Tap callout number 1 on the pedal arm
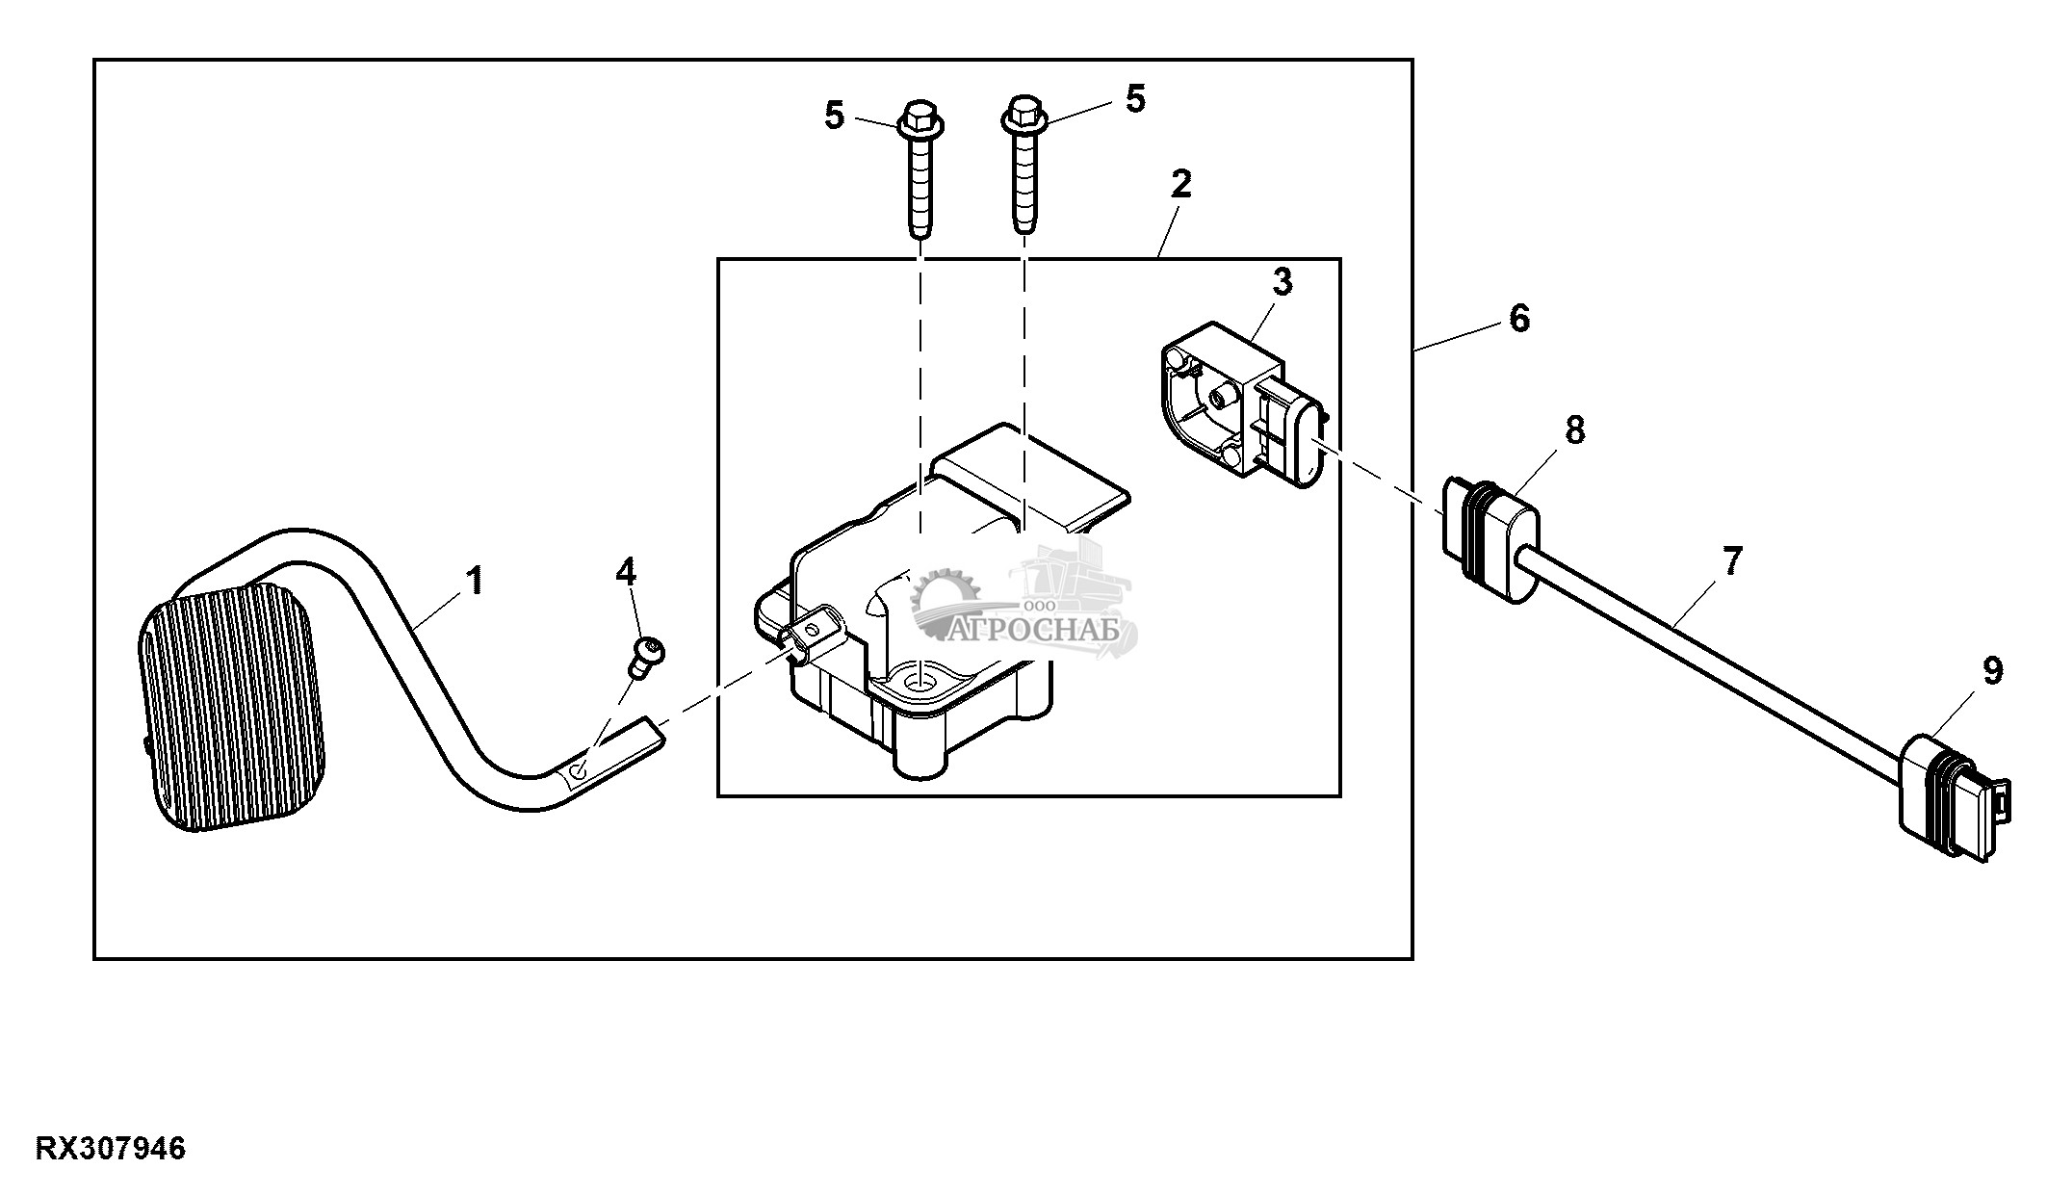(x=474, y=582)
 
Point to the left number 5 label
(x=834, y=116)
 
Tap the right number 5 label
(x=1136, y=98)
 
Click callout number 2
(x=1181, y=184)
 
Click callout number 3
(x=1282, y=282)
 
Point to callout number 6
(x=1519, y=318)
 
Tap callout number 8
(x=1575, y=430)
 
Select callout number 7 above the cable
(x=1731, y=561)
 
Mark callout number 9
(x=1993, y=671)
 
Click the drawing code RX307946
(x=111, y=1149)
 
